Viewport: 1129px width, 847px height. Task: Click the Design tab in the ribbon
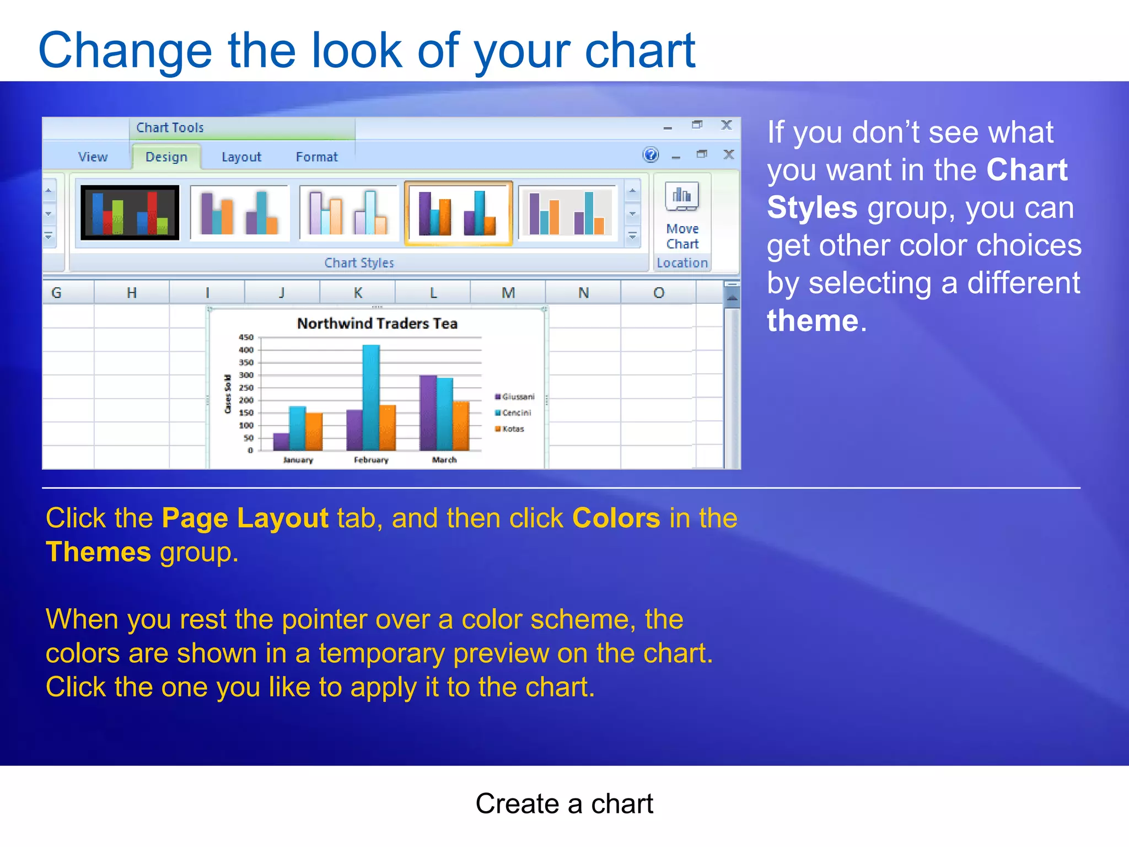click(x=166, y=157)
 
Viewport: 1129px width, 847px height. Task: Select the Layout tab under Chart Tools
click(x=241, y=157)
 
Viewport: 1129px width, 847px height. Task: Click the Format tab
click(x=316, y=157)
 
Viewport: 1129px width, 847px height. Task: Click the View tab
click(x=93, y=157)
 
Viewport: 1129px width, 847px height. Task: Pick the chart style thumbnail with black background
click(x=130, y=213)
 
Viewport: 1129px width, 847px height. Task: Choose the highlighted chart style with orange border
click(x=458, y=213)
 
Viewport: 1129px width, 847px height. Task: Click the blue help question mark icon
click(x=650, y=155)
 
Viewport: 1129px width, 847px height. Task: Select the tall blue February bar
click(x=371, y=397)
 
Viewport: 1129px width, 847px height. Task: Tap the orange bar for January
click(x=314, y=431)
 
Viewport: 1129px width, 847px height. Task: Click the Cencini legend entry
click(x=516, y=412)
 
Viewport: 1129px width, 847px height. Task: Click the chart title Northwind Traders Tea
click(x=377, y=323)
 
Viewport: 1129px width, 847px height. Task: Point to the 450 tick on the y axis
click(x=246, y=337)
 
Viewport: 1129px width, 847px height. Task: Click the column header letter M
click(x=508, y=293)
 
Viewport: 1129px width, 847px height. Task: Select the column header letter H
click(x=131, y=293)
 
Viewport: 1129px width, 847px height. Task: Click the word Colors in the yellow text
click(x=616, y=518)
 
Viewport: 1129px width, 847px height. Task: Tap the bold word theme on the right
click(x=813, y=321)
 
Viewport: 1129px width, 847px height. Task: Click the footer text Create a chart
click(x=564, y=803)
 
